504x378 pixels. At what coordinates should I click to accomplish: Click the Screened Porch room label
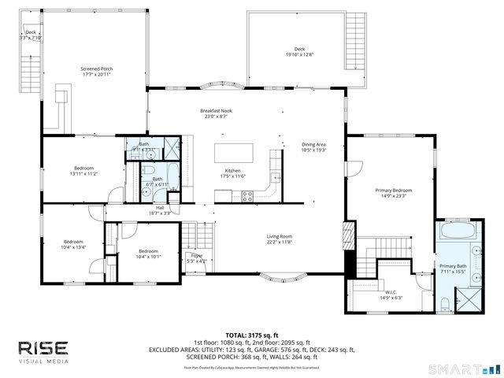click(x=97, y=69)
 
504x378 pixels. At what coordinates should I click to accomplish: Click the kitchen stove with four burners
click(x=247, y=196)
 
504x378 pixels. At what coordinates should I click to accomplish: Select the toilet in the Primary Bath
click(x=444, y=302)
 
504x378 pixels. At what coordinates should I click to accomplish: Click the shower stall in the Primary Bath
click(x=471, y=300)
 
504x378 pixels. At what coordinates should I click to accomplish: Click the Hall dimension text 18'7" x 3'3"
click(x=160, y=213)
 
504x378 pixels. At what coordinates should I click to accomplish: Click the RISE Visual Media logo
click(x=43, y=351)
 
